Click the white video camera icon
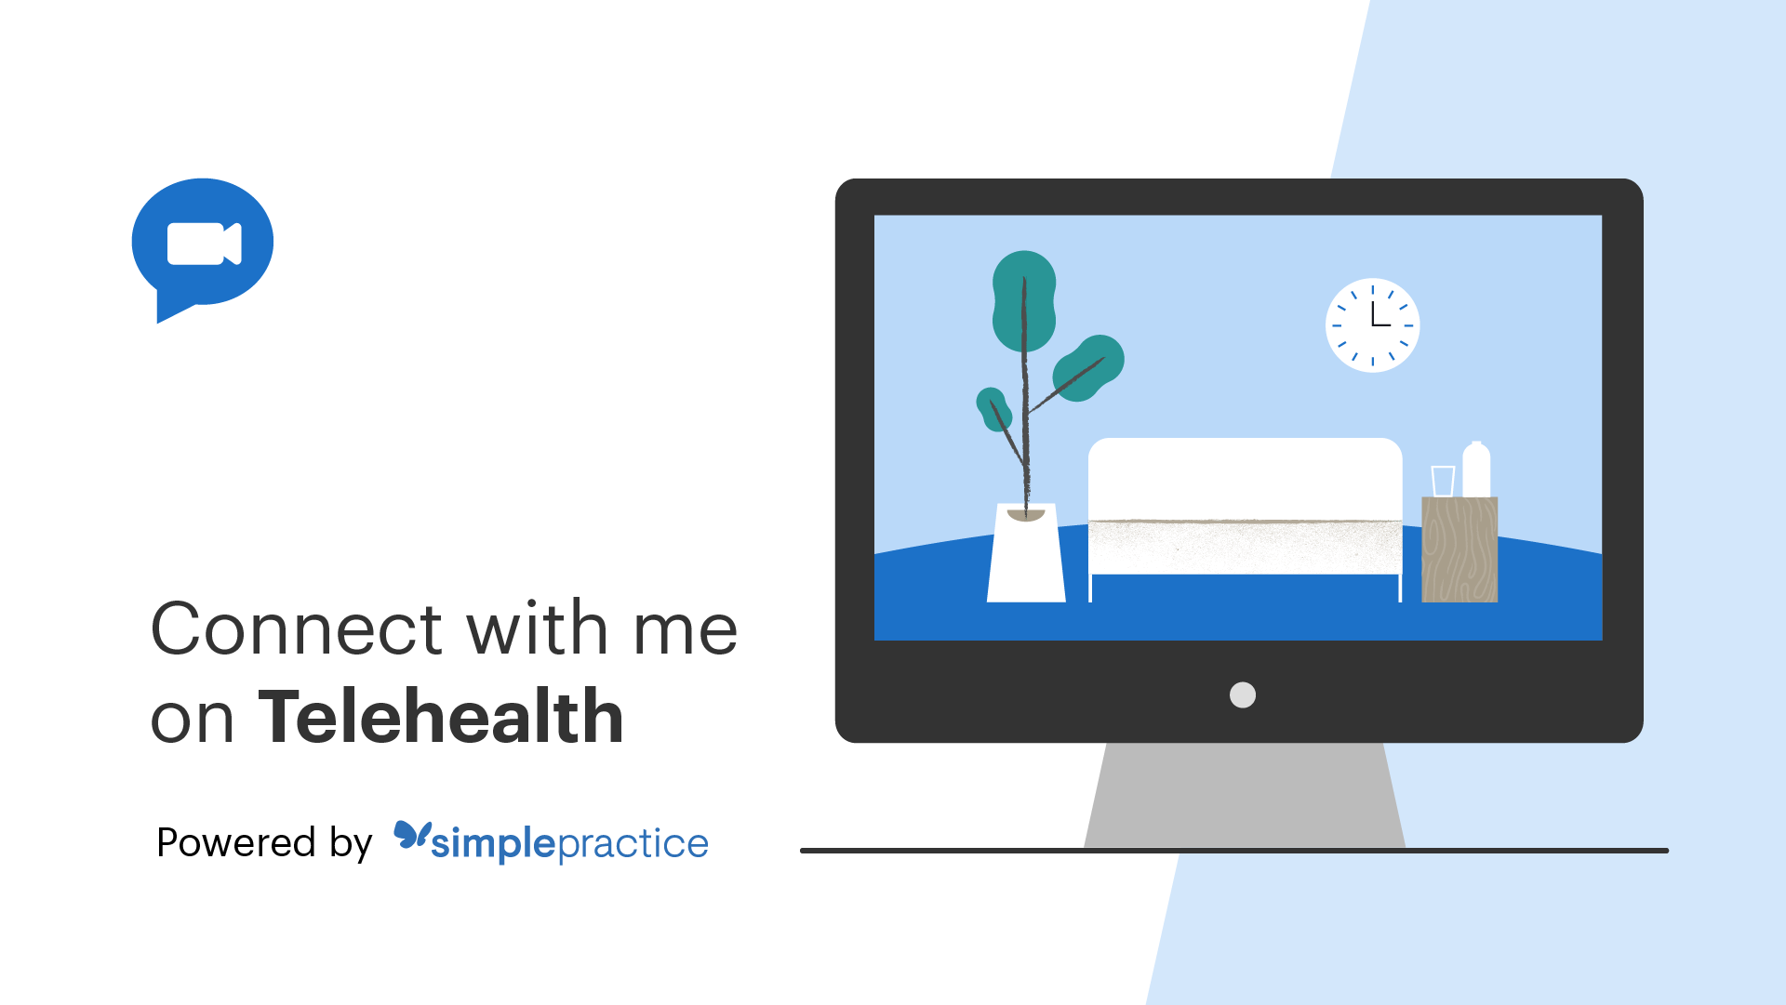[204, 244]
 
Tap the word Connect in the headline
[297, 628]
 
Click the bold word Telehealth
[441, 717]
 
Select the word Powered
[236, 842]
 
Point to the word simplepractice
[569, 844]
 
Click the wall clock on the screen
[1372, 325]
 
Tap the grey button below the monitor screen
[1243, 694]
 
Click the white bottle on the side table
[1476, 469]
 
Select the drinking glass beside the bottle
[1443, 482]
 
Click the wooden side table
[1459, 549]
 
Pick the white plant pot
[1026, 553]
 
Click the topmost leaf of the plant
[1024, 300]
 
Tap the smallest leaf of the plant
[993, 409]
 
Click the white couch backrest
[1246, 479]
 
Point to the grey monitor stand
[1245, 796]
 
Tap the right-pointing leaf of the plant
[1088, 368]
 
